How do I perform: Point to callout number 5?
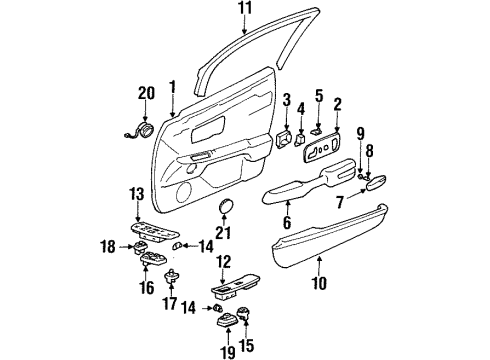click(x=319, y=98)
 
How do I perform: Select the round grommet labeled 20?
click(x=146, y=128)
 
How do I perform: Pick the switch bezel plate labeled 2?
click(x=325, y=149)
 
